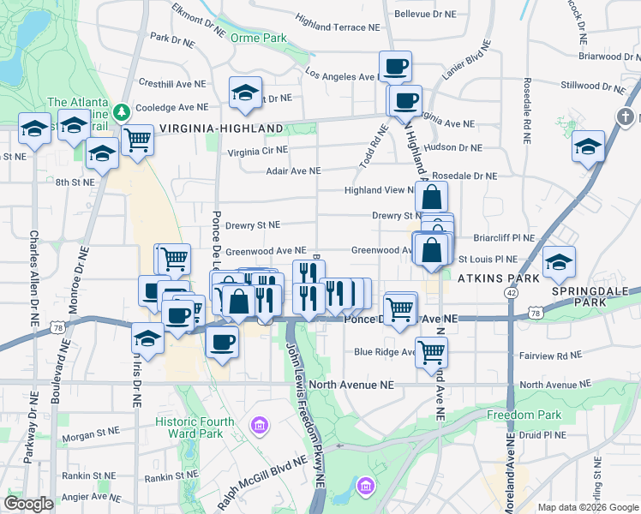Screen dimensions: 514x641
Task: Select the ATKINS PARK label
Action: click(x=499, y=278)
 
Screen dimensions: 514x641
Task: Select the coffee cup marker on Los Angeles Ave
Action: click(x=396, y=66)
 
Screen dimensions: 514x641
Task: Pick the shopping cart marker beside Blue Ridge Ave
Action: click(x=432, y=350)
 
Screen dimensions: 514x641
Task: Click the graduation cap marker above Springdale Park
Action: click(x=559, y=261)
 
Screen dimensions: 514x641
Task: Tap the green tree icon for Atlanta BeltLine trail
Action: click(x=122, y=111)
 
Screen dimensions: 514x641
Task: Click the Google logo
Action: click(x=28, y=504)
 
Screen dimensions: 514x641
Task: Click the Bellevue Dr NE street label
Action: click(x=429, y=15)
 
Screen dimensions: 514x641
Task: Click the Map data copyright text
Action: click(x=587, y=507)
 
